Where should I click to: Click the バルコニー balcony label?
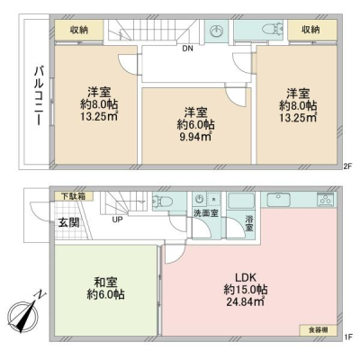[x=39, y=96]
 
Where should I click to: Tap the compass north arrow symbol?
[x=25, y=312]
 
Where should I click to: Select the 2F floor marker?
[x=347, y=166]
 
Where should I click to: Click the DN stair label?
[x=188, y=49]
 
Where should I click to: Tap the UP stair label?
[x=117, y=220]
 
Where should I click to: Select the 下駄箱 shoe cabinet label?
[x=74, y=196]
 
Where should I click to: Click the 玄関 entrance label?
[x=68, y=223]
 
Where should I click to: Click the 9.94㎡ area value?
[x=194, y=137]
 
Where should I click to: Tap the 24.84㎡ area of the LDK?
[x=245, y=301]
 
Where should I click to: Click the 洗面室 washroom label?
[x=206, y=213]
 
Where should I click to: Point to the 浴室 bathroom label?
[x=249, y=223]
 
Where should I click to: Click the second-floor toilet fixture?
[x=272, y=30]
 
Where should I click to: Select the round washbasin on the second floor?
[x=216, y=31]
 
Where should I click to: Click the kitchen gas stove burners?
[x=325, y=200]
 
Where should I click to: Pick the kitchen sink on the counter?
[x=278, y=200]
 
